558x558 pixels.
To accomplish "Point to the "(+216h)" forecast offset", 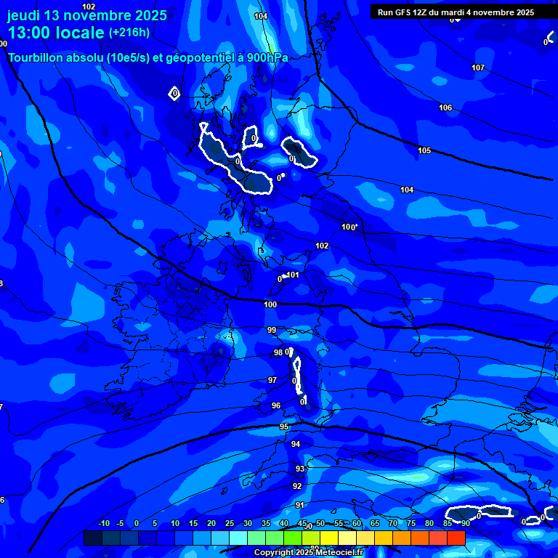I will tap(129, 33).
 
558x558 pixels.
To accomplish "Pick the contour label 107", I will tap(477, 68).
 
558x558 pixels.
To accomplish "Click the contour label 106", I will tap(445, 108).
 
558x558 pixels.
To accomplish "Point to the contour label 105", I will tap(424, 150).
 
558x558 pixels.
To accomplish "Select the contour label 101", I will tap(293, 275).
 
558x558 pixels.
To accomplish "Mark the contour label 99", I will tap(272, 330).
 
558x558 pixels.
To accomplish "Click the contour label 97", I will tap(272, 380).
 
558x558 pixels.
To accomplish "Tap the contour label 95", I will tap(284, 426).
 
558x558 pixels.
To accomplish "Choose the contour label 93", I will tap(299, 469).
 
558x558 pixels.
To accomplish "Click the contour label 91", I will tap(299, 505).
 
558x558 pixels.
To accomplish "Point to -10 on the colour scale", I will tap(103, 523).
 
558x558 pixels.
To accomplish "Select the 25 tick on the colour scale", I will tap(230, 523).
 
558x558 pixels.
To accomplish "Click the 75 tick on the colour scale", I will tap(411, 523).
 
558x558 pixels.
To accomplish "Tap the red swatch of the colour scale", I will tap(456, 538).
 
